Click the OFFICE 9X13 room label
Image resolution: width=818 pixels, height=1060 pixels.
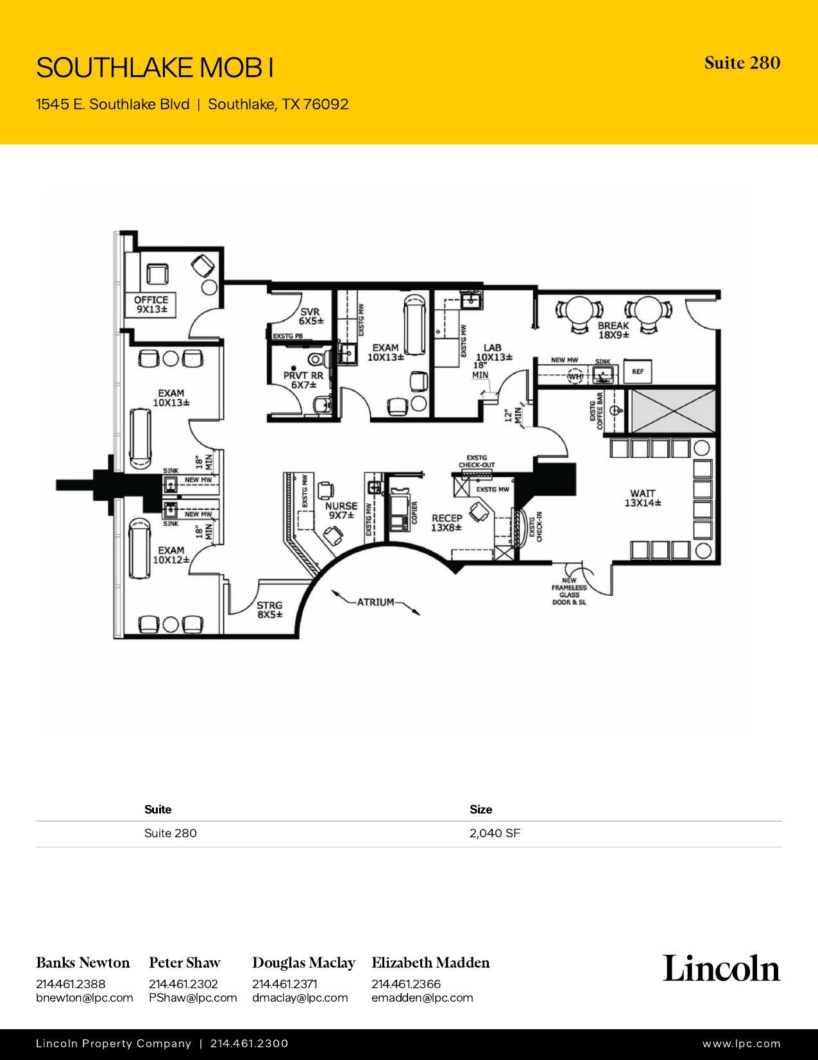coord(151,304)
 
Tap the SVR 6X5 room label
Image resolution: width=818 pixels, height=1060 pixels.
coord(311,316)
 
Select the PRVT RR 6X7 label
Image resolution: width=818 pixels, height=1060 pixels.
coord(303,380)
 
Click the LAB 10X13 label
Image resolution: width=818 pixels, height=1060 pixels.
coord(493,352)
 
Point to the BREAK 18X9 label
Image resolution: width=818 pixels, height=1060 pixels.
coord(613,330)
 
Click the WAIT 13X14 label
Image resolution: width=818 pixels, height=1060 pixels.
coord(642,498)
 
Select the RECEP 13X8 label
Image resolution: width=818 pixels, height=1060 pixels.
coord(447,523)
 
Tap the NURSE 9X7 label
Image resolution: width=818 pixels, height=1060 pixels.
coord(341,510)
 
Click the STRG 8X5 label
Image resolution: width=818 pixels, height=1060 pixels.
coord(269,609)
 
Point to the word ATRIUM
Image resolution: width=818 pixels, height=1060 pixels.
coord(375,602)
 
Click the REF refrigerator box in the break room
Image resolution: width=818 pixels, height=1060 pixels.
coord(638,371)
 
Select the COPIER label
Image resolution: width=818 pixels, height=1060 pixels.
coord(414,512)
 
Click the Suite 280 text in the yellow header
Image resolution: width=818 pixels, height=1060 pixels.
coord(742,63)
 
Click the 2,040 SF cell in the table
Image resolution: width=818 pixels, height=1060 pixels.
coord(495,833)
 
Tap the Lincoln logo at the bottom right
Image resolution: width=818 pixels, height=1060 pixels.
coord(721,968)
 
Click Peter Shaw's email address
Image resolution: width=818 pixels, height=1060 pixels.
coord(192,998)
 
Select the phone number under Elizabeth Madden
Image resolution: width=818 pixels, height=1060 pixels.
coord(405,984)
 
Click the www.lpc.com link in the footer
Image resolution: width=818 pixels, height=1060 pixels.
coord(741,1044)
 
